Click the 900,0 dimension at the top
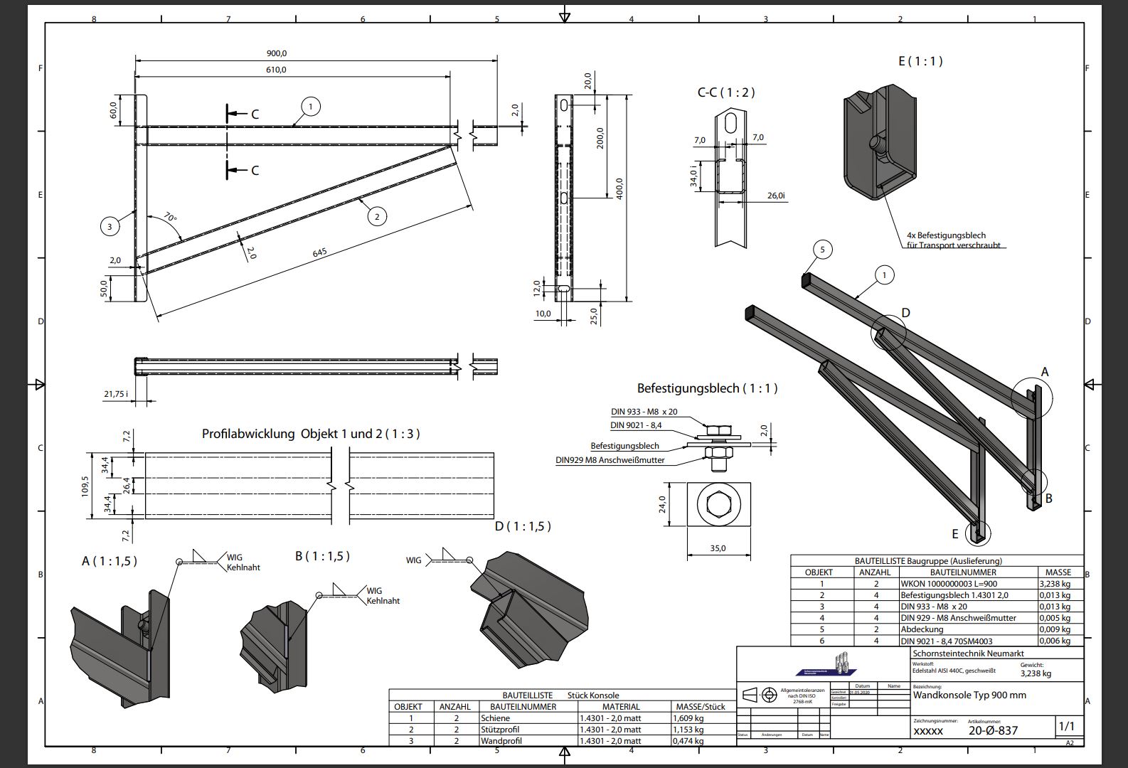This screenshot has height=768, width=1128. click(277, 53)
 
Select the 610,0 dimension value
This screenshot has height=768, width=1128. click(277, 70)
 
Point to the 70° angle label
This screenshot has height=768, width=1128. click(170, 217)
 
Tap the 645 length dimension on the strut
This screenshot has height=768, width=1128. click(320, 252)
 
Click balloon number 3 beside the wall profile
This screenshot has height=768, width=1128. click(110, 227)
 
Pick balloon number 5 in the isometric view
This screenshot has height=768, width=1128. click(822, 250)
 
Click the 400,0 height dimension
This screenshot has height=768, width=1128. click(619, 188)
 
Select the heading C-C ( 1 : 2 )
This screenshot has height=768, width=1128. click(725, 92)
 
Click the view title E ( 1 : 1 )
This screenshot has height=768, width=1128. click(920, 61)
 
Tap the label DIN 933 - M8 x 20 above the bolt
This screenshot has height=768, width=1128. click(644, 412)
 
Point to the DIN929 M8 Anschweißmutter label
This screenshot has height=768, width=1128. click(610, 460)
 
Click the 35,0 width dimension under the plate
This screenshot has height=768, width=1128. click(718, 548)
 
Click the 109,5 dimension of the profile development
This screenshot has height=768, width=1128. click(85, 486)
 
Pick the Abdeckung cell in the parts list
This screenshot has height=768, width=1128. click(922, 629)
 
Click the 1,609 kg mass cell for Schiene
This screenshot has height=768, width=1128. click(688, 718)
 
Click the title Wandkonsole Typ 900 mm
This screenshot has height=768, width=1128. click(969, 695)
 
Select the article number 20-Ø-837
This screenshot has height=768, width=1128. click(993, 730)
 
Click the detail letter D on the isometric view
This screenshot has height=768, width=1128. click(905, 313)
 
